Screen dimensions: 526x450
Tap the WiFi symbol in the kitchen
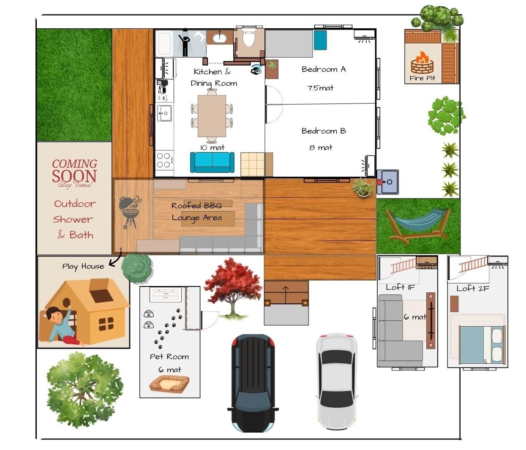tap(256, 69)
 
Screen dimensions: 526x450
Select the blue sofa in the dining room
tap(212, 162)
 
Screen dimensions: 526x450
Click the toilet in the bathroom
tap(248, 38)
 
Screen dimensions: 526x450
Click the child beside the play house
tap(63, 326)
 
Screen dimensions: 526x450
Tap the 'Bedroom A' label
tap(324, 69)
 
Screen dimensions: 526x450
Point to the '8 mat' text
tap(321, 147)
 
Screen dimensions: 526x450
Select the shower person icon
tap(185, 44)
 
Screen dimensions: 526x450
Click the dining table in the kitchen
tap(212, 116)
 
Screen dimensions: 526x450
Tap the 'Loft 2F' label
tap(473, 288)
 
